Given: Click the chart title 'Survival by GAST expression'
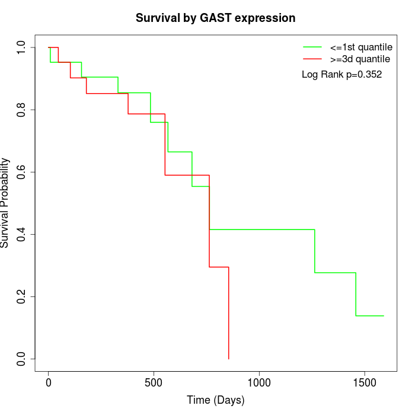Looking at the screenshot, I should click(215, 18).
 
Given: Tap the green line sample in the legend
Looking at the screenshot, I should click(312, 46).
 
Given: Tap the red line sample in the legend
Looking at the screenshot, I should click(312, 59).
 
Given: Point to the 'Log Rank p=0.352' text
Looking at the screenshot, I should click(341, 75).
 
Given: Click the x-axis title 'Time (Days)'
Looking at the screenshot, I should click(215, 400).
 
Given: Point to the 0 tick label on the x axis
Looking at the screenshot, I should click(49, 382).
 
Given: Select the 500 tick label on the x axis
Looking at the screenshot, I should click(154, 382).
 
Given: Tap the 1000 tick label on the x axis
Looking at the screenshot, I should click(259, 382).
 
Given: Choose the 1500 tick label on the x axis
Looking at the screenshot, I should click(364, 382).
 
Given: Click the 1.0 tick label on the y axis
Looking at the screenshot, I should click(22, 47).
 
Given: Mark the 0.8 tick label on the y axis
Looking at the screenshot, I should click(22, 110).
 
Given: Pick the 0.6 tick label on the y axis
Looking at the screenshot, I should click(22, 172).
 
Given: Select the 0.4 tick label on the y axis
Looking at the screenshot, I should click(22, 234).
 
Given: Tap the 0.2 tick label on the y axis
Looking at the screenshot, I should click(22, 296).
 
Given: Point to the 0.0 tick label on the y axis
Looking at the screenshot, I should click(22, 359).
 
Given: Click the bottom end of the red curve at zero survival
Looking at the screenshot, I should click(228, 358).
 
